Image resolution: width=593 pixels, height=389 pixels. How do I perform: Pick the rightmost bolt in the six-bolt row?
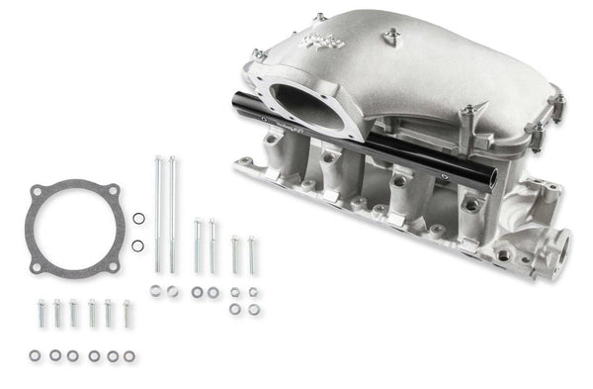(x=127, y=313)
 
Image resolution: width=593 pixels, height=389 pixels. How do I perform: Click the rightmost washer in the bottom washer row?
(x=129, y=355)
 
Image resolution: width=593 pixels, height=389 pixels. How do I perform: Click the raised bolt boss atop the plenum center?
(x=390, y=37)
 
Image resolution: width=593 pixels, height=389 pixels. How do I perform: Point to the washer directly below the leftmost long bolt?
(x=156, y=291)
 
